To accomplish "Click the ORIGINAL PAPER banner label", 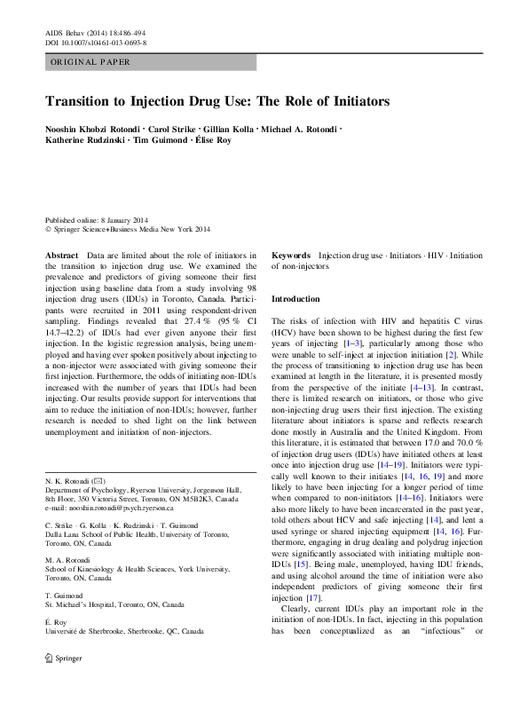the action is click(x=91, y=62).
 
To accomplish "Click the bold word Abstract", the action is click(x=61, y=255).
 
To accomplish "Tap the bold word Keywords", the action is click(x=290, y=255).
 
